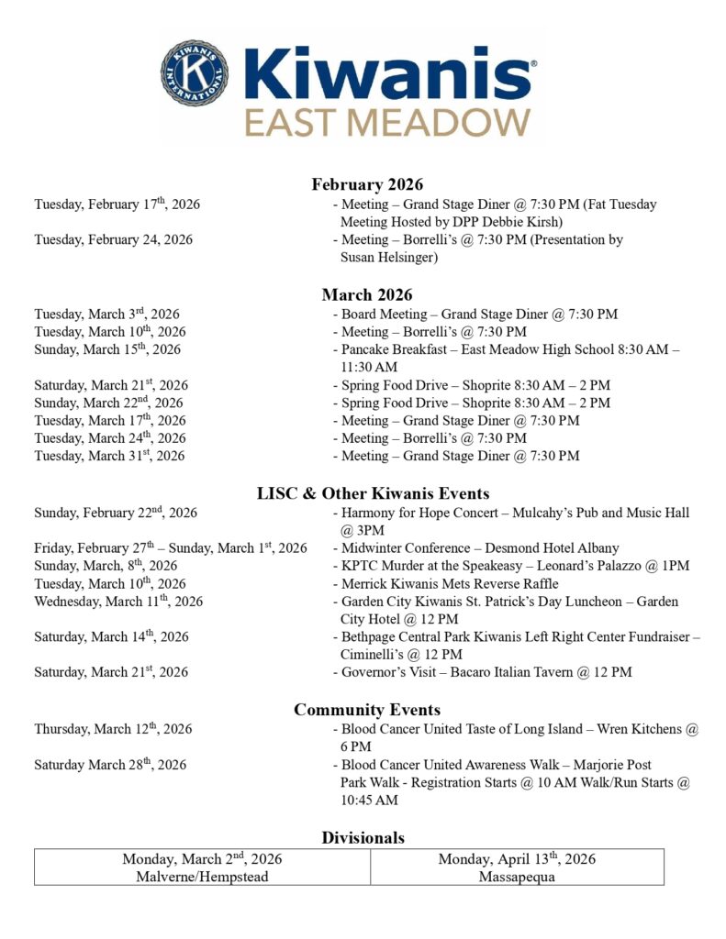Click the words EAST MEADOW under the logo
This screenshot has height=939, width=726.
(x=386, y=122)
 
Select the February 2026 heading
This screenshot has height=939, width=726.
(x=367, y=185)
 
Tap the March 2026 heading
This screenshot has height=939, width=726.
(x=367, y=295)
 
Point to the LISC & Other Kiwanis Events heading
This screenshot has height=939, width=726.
(x=373, y=494)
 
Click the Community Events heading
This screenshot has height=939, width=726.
(x=367, y=710)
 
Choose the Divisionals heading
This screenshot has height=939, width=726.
(x=363, y=837)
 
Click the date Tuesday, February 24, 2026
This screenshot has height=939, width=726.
(x=114, y=240)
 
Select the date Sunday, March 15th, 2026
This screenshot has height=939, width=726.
(x=107, y=349)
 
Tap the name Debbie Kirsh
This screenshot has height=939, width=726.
(x=524, y=222)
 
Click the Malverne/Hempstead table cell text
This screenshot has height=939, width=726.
(x=202, y=877)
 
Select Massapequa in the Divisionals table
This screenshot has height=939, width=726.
(x=517, y=877)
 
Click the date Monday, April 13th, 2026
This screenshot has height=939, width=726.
(x=517, y=859)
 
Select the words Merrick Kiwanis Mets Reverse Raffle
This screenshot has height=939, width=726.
(x=450, y=584)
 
